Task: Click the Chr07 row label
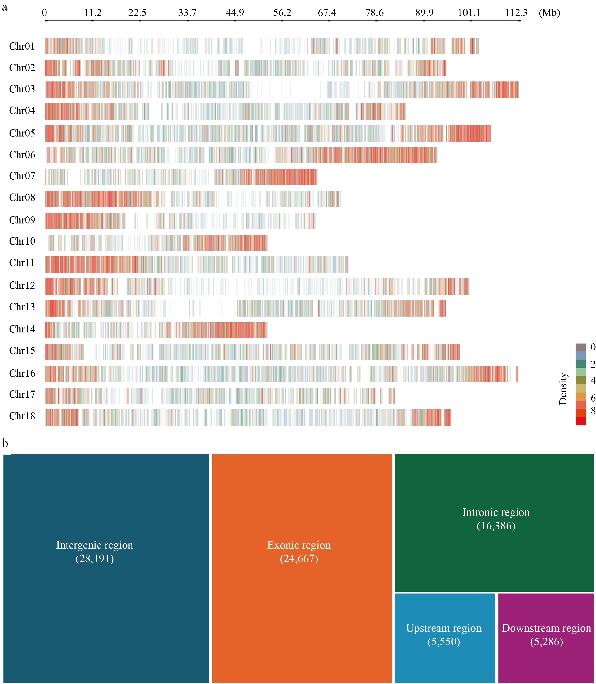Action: click(x=22, y=176)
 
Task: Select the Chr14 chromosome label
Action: click(x=22, y=329)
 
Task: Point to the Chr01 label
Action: click(x=22, y=46)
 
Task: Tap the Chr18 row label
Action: click(x=22, y=416)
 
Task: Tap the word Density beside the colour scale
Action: click(x=563, y=388)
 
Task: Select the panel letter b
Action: click(x=5, y=443)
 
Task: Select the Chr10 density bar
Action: click(x=158, y=243)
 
